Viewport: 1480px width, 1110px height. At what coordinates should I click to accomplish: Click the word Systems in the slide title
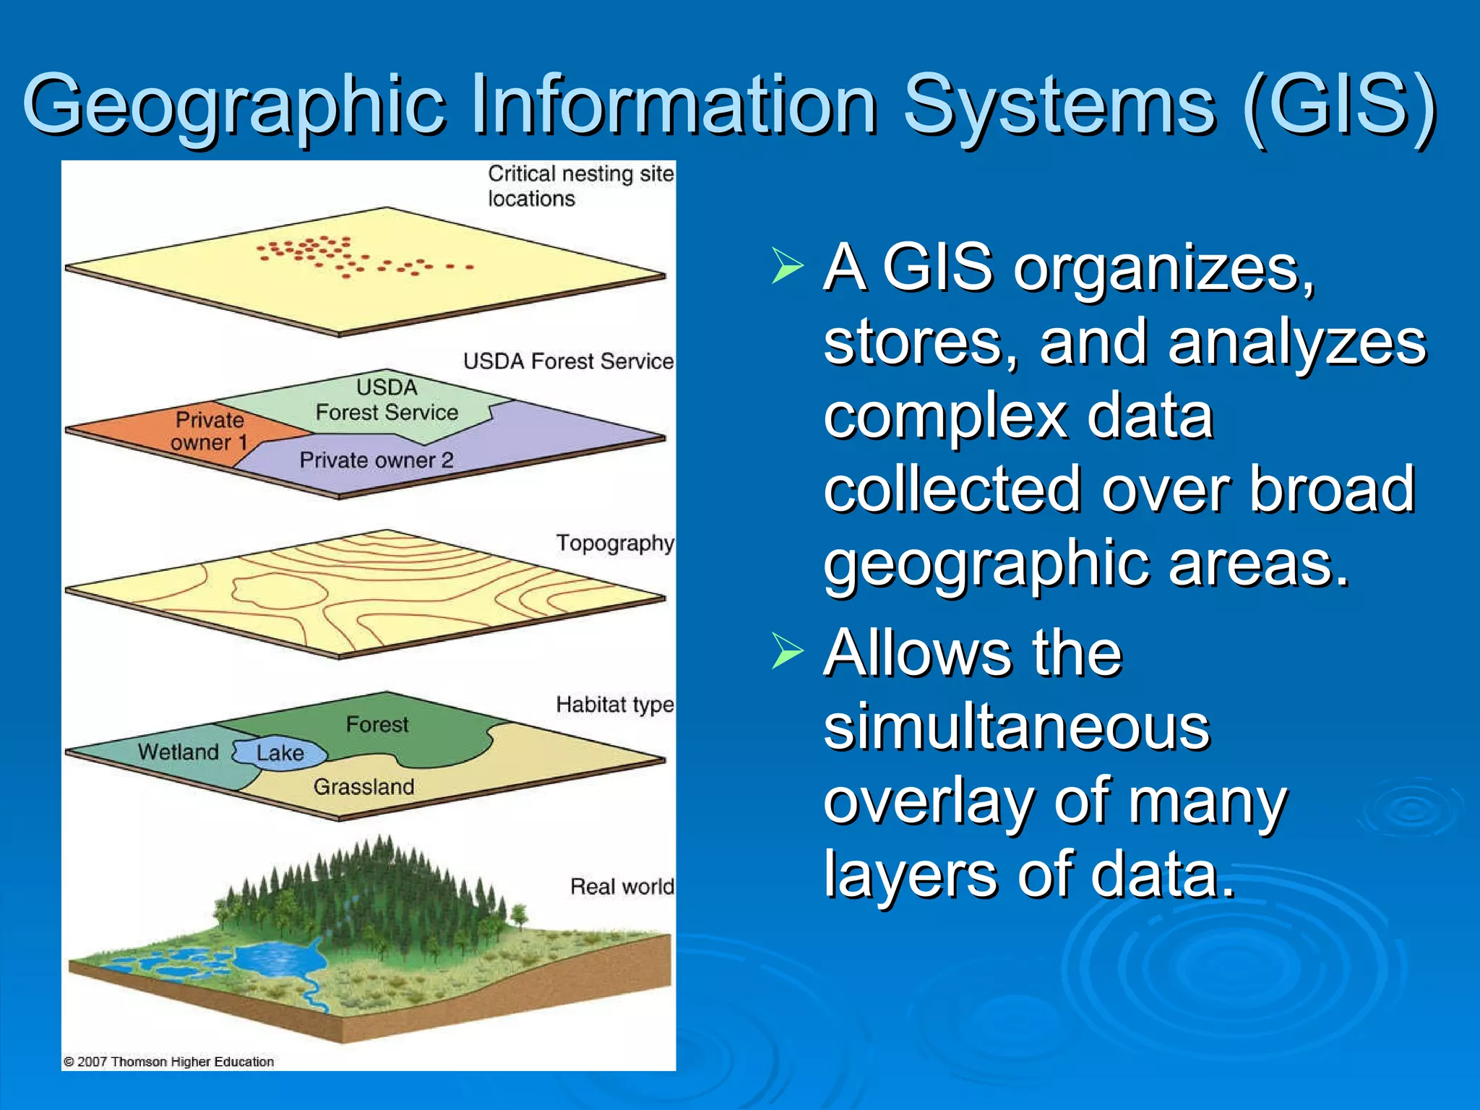(1059, 107)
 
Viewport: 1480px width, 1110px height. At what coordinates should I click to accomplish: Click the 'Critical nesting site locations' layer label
(580, 186)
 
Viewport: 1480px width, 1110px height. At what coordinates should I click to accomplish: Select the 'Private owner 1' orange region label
(210, 431)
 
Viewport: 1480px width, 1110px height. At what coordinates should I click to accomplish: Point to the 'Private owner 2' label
(377, 460)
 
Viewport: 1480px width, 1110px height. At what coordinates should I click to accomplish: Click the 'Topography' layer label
(615, 543)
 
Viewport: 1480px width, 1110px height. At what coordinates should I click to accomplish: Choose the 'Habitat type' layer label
(615, 705)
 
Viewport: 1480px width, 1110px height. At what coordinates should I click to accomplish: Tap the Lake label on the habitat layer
(280, 753)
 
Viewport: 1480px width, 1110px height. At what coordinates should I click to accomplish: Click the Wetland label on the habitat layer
(178, 752)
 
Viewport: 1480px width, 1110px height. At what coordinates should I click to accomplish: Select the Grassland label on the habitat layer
(363, 786)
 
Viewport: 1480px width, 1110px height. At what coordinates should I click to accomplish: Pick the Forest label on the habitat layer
(377, 724)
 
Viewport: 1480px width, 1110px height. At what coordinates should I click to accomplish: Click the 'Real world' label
(621, 887)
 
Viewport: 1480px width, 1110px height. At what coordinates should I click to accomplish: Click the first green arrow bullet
(787, 265)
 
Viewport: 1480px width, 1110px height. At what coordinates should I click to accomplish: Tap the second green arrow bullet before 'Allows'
(787, 650)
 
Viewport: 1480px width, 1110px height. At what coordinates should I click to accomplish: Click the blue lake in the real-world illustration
(278, 961)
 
